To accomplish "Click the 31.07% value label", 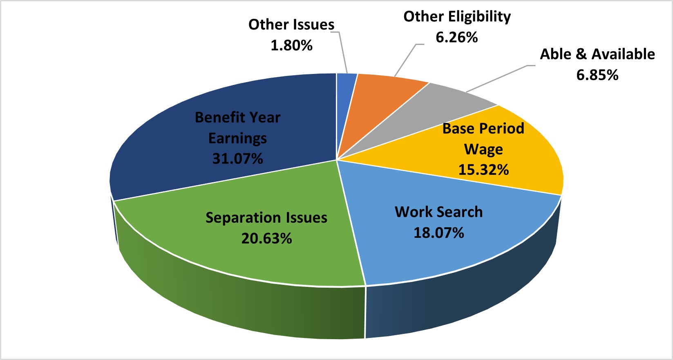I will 237,159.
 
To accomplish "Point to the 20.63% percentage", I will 266,238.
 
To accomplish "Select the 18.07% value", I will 438,233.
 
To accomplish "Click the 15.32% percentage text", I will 483,170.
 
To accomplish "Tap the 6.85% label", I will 597,75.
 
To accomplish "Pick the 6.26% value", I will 456,38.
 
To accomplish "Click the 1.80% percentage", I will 291,45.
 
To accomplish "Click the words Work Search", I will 438,212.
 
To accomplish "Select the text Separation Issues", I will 266,218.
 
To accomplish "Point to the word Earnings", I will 237,139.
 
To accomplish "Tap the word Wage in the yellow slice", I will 483,149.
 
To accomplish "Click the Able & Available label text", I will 597,54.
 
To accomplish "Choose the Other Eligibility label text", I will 457,17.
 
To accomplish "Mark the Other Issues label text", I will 291,25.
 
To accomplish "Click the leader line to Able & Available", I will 496,78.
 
